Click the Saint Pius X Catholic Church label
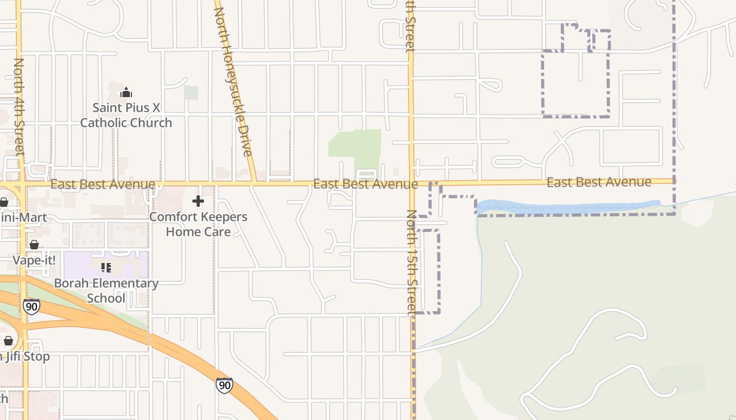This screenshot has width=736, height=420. coord(126,115)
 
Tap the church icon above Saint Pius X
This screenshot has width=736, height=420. coord(126,93)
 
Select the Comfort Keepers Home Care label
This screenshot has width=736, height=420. coord(198,224)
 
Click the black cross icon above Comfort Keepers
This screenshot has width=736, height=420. coord(198,201)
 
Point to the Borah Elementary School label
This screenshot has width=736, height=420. coord(106,291)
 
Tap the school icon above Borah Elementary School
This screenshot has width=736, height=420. coord(106,268)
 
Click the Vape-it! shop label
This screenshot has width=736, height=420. coord(34,260)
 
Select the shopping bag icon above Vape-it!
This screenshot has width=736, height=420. coord(34,245)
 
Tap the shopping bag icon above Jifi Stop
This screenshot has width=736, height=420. coord(8,341)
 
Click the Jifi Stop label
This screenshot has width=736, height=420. coord(26,356)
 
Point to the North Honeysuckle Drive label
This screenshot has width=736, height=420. coord(233,81)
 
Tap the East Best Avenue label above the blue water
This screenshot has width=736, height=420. coord(599,182)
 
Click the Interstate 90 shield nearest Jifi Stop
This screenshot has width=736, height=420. coord(32,307)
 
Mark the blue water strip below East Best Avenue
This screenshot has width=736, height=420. coord(568,206)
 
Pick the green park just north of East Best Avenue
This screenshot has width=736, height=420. coord(355,144)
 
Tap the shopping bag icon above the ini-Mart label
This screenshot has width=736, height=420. coord(4,202)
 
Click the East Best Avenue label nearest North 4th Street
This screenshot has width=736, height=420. coord(103,184)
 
